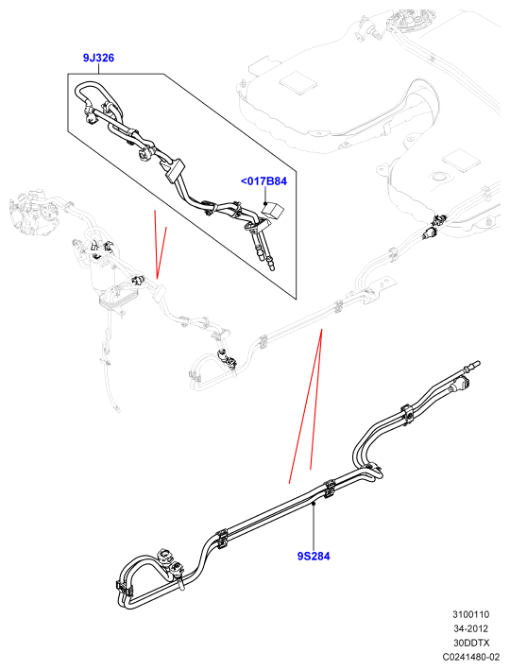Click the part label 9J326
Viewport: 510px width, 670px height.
click(x=98, y=58)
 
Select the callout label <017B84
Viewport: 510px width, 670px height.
click(x=263, y=181)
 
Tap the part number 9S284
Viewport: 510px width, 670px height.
click(x=314, y=556)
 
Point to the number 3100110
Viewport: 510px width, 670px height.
click(x=471, y=614)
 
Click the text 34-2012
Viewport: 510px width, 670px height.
click(x=471, y=628)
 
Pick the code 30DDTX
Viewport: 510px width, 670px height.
click(x=471, y=643)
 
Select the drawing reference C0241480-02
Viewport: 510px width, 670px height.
click(x=471, y=657)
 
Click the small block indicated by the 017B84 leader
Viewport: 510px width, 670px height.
click(x=273, y=210)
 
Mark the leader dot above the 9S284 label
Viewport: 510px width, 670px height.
click(x=314, y=505)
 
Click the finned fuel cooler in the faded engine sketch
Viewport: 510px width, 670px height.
click(x=112, y=298)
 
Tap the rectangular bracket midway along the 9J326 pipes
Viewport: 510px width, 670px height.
click(x=172, y=169)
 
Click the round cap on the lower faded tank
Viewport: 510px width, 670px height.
click(x=438, y=177)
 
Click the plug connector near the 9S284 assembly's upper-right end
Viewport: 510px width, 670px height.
click(x=461, y=385)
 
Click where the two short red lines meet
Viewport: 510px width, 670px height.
click(x=157, y=279)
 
